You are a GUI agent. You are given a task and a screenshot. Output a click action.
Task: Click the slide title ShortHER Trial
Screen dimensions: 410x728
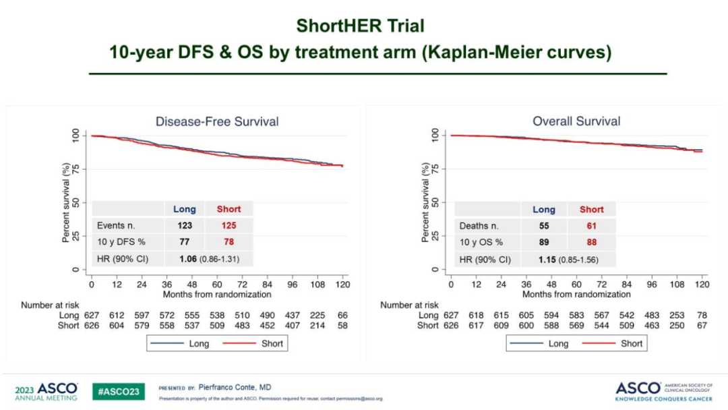[361, 26]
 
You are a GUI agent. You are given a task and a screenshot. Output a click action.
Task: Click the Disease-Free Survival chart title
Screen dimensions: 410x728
[217, 121]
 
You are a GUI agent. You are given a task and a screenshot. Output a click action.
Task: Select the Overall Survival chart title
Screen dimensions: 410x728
[576, 121]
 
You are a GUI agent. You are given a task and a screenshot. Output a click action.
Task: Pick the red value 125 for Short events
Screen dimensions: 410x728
[229, 225]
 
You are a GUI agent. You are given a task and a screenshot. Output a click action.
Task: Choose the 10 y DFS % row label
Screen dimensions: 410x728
[121, 242]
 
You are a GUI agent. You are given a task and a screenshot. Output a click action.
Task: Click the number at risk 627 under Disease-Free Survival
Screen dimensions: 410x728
[91, 315]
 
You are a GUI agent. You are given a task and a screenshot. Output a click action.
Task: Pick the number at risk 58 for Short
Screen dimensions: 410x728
[342, 325]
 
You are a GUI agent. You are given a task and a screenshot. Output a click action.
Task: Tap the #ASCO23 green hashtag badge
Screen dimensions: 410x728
[119, 391]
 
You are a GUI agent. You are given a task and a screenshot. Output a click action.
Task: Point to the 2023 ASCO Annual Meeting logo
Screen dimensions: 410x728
[47, 391]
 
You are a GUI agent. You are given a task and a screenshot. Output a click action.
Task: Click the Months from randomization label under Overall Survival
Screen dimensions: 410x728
[576, 294]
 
